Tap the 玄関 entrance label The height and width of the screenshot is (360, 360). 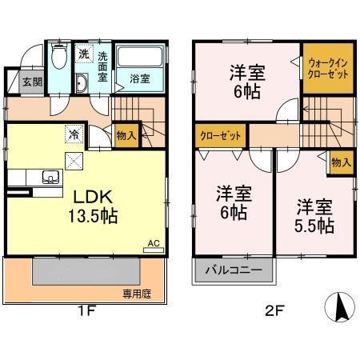pyautogui.click(x=32, y=81)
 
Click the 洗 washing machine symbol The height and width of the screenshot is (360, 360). pyautogui.click(x=84, y=54)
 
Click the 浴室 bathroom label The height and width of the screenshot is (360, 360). pyautogui.click(x=140, y=78)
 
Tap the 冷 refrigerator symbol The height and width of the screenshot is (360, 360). pyautogui.click(x=72, y=134)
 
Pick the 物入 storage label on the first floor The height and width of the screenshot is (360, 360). pyautogui.click(x=126, y=136)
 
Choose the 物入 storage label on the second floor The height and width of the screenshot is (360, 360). pyautogui.click(x=340, y=162)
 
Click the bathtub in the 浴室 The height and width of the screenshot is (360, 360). pyautogui.click(x=141, y=58)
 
